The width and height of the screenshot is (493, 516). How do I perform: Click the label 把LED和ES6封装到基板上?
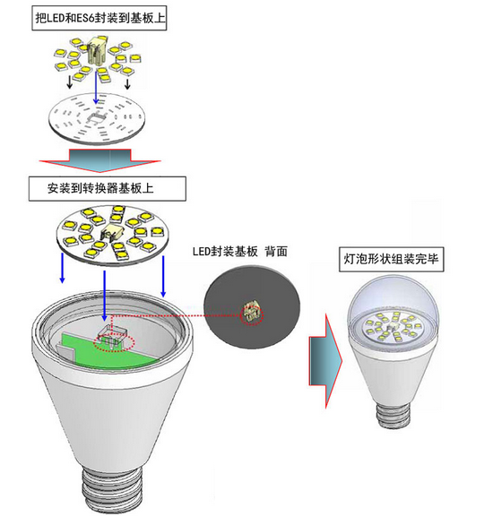(x=99, y=18)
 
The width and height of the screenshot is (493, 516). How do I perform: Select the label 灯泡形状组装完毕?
(x=391, y=259)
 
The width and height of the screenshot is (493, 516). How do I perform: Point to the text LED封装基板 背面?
(x=239, y=252)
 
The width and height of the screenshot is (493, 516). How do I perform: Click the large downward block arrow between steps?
(x=99, y=160)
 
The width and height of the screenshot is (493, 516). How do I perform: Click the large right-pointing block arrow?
(x=325, y=361)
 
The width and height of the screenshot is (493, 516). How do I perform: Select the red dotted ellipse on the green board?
(x=114, y=343)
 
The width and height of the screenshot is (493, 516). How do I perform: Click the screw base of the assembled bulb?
(x=394, y=416)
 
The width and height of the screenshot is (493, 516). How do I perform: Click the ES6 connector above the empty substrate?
(x=98, y=52)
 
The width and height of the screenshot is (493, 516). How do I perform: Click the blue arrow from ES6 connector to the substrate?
(x=96, y=87)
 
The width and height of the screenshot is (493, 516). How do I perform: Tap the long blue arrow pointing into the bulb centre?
(x=104, y=296)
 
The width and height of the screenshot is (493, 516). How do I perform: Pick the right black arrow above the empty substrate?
(x=127, y=83)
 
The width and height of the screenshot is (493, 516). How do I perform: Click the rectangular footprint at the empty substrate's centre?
(x=96, y=118)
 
